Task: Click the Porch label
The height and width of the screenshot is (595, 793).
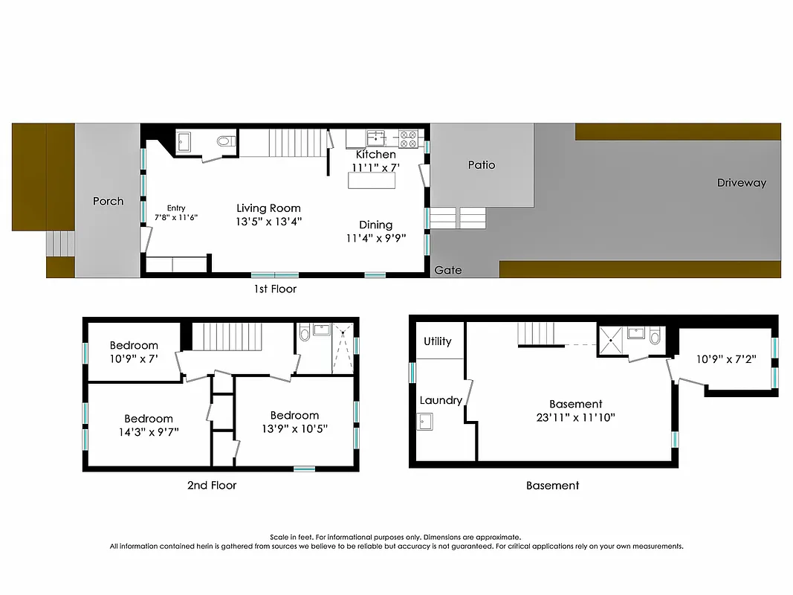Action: [108, 201]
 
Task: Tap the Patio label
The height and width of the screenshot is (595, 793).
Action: [481, 165]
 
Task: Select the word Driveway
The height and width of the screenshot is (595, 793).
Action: [741, 183]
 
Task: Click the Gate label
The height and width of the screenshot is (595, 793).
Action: [448, 270]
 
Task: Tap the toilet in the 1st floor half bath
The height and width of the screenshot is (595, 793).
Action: [225, 141]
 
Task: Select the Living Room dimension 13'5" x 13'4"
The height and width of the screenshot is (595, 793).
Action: [268, 222]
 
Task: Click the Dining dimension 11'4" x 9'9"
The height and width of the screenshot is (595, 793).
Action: [375, 239]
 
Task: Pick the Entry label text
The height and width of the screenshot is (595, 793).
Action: [175, 208]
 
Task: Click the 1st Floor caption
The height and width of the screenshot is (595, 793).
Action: [275, 289]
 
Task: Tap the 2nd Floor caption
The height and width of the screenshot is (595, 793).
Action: [212, 486]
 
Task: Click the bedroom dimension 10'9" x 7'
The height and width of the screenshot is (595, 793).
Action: [134, 358]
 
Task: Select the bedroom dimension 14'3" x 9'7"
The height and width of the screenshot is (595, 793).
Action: [149, 431]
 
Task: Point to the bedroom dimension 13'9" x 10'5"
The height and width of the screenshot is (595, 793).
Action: [294, 428]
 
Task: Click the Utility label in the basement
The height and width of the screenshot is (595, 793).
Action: [438, 341]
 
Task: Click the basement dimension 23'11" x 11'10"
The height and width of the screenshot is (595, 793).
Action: [576, 417]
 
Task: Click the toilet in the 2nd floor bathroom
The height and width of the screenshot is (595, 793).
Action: [304, 334]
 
